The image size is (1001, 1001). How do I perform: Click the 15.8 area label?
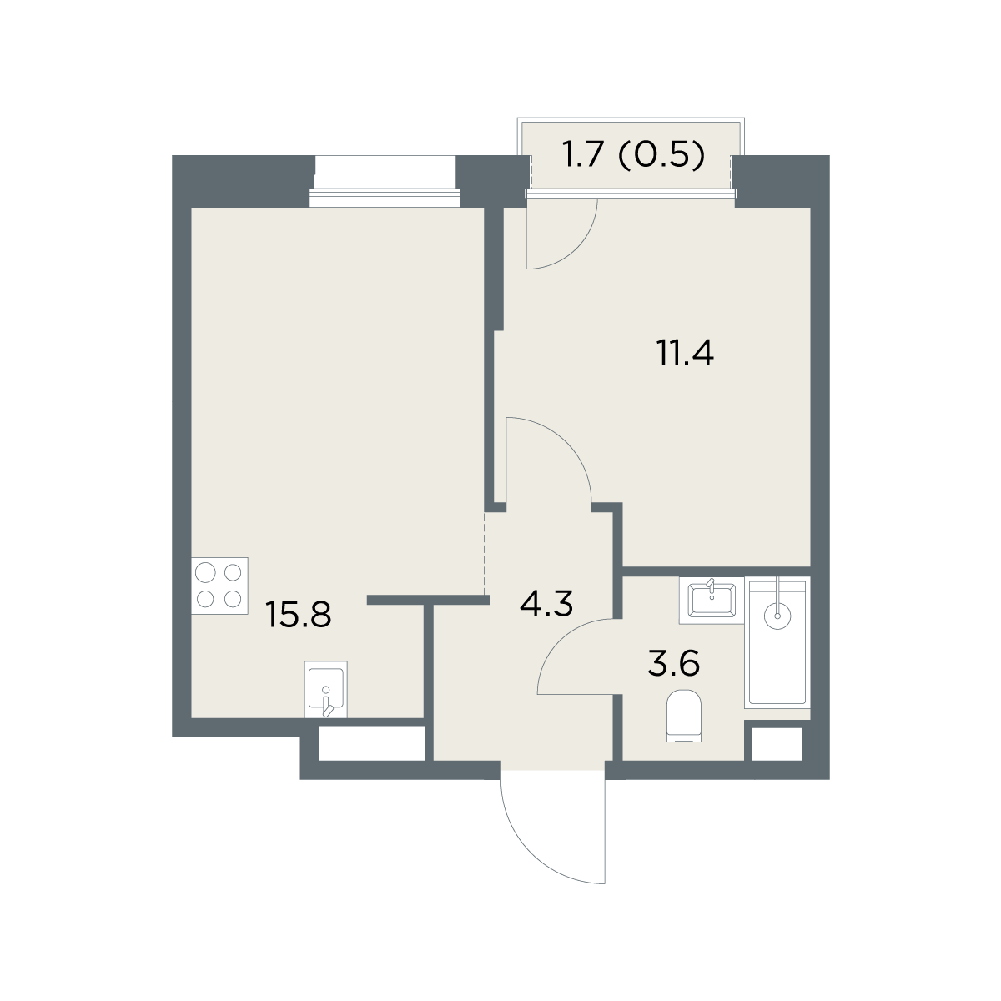point(298,614)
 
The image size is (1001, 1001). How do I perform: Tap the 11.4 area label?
point(685,352)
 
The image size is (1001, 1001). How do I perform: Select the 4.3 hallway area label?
point(546,604)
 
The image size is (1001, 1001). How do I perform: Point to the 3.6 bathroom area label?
point(674,663)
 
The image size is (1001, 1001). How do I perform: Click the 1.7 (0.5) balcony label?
point(634,155)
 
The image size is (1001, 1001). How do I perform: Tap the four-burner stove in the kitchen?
point(219,586)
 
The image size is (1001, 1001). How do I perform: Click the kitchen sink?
point(325,689)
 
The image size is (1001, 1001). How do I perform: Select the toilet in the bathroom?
point(684,715)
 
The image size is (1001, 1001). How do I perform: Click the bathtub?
point(777,642)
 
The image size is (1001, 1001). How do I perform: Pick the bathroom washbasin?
point(712,600)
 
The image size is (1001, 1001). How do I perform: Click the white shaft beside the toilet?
point(777,744)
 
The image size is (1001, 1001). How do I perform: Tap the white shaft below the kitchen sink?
point(372,743)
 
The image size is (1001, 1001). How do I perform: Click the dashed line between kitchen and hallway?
point(485,554)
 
